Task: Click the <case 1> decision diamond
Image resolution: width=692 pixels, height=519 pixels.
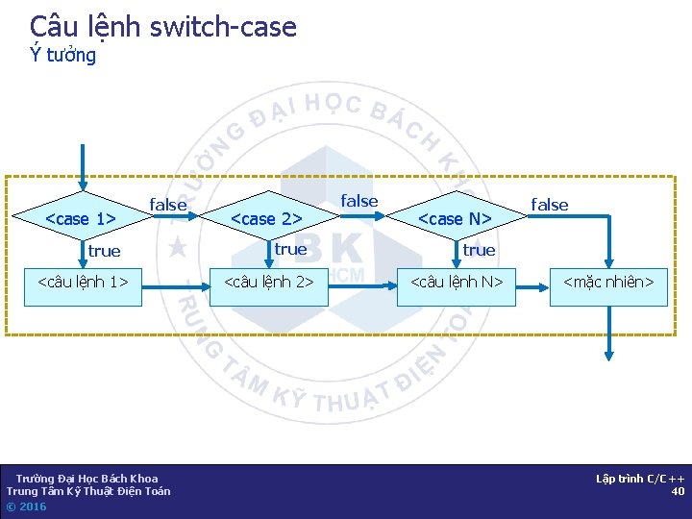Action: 83,219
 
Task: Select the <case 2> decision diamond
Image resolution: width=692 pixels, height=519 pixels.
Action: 268,219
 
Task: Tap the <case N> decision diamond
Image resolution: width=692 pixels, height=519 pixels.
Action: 456,219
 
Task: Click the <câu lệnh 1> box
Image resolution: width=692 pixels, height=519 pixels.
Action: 83,283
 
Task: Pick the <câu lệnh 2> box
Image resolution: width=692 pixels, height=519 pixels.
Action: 269,283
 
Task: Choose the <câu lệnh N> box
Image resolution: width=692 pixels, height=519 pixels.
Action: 457,283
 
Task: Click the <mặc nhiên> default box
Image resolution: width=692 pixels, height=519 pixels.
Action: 608,283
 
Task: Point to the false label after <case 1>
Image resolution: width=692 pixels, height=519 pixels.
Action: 168,205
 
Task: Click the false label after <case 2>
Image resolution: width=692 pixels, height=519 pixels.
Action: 359,201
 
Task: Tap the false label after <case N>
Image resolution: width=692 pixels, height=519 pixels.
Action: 550,205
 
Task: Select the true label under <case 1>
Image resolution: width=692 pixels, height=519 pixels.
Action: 104,251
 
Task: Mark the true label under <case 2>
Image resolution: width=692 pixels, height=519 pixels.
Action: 290,249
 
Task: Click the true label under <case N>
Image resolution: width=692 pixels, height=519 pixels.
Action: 479,250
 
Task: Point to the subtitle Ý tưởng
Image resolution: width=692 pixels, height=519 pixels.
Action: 63,55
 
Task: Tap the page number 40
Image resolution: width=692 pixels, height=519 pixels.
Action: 678,491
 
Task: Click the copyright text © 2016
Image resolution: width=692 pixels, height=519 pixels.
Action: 26,507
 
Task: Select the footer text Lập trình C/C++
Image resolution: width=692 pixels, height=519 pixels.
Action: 640,479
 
